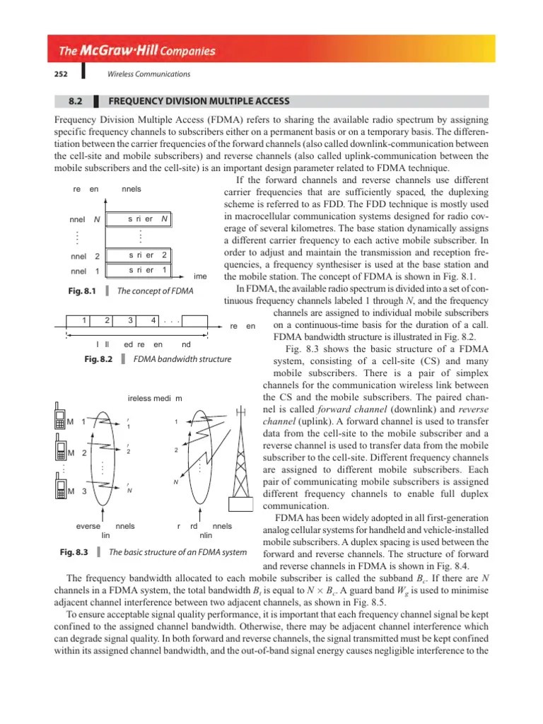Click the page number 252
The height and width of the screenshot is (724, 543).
click(60, 74)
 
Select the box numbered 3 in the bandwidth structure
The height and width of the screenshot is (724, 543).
click(131, 320)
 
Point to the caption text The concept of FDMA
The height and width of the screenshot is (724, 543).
click(155, 291)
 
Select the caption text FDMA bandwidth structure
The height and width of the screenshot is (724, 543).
click(183, 359)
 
